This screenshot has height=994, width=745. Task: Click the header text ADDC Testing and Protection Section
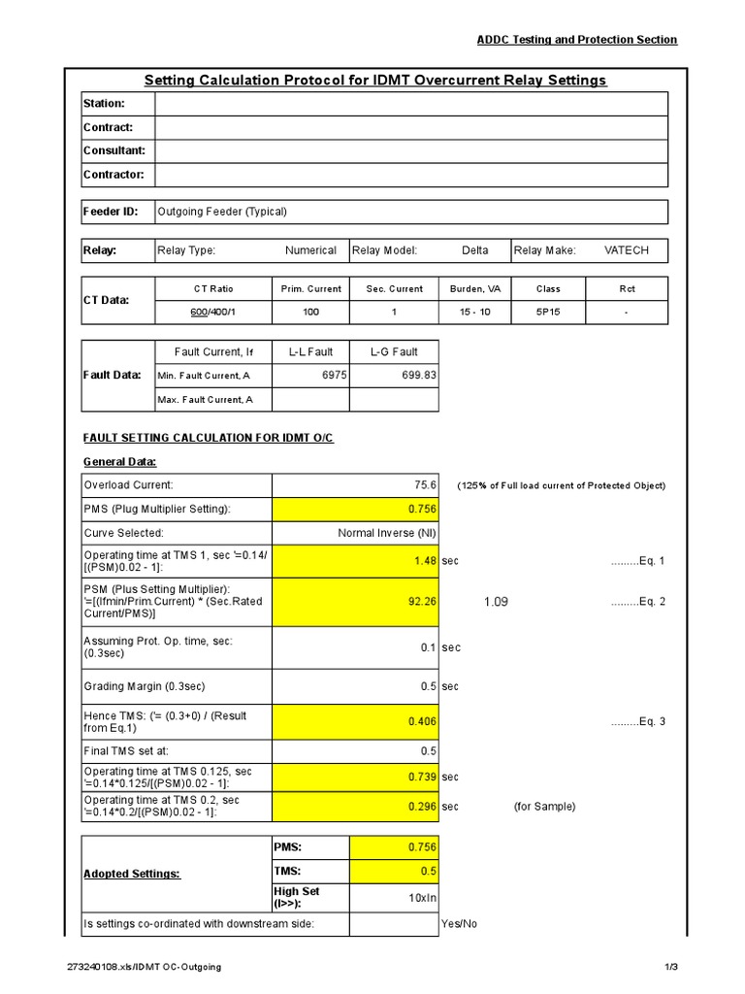(576, 39)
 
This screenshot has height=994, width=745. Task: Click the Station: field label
(105, 104)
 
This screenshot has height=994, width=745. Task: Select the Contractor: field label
(113, 175)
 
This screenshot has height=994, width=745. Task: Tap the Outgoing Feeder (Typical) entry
(222, 212)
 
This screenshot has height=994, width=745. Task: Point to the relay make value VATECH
(626, 250)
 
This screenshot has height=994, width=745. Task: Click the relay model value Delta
(475, 250)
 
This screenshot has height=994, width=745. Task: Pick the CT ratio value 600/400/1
(213, 313)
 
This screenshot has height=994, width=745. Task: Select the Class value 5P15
(548, 313)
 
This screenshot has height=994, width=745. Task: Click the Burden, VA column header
(475, 288)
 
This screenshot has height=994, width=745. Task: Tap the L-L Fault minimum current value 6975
(334, 375)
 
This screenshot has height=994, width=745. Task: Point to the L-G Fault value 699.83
(419, 375)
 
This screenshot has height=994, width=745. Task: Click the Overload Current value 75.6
(425, 485)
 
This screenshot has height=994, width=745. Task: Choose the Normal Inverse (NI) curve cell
(386, 533)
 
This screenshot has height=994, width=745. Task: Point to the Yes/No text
(459, 923)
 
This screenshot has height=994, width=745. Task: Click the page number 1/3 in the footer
(669, 967)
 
